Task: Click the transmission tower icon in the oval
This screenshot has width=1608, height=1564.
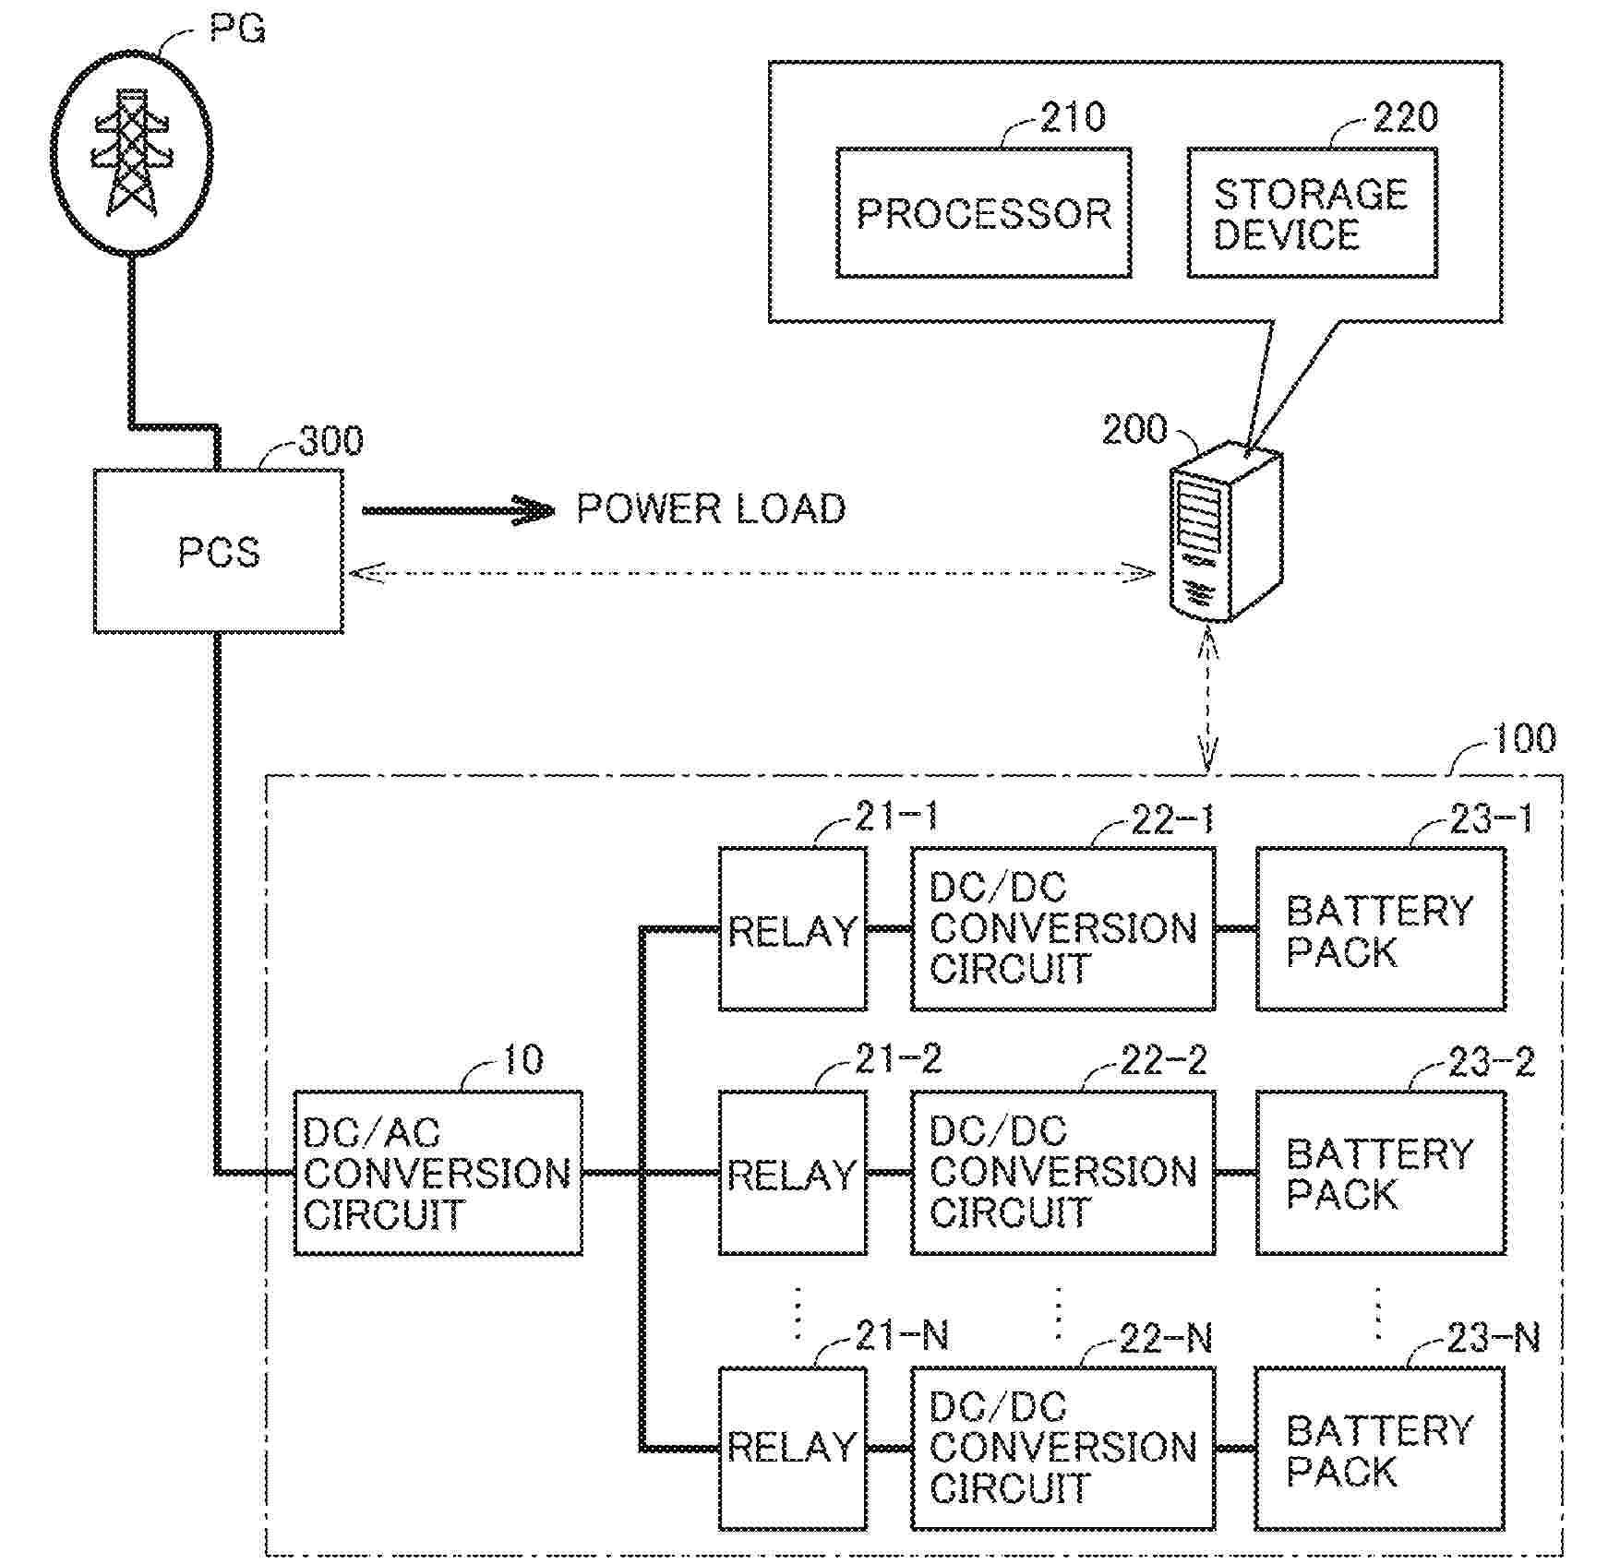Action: point(131,154)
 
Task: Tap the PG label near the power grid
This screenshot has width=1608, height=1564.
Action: point(237,30)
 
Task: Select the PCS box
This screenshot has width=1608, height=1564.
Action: point(219,551)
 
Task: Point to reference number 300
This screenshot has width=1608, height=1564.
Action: point(330,441)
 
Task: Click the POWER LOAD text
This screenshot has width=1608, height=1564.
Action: point(711,509)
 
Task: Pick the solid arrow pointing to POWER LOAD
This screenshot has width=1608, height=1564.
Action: point(457,510)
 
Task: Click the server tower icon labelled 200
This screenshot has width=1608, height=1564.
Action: point(1225,531)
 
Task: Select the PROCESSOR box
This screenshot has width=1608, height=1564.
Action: point(983,213)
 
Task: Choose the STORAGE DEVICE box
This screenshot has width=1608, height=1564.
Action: point(1311,213)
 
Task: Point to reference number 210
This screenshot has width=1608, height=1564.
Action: point(1073,117)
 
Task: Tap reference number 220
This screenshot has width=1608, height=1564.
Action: point(1405,117)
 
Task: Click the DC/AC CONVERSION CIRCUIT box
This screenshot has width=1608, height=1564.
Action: point(438,1173)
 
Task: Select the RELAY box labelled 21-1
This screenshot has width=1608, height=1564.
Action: point(792,929)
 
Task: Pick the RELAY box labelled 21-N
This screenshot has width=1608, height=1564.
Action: point(792,1448)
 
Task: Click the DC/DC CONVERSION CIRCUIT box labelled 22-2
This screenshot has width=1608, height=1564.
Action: point(1062,1173)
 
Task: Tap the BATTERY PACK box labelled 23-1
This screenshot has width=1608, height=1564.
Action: point(1380,929)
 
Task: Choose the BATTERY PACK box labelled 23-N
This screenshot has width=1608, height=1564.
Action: point(1380,1448)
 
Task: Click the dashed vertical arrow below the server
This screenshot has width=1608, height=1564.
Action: point(1207,698)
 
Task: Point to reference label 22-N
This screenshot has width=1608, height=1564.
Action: point(1166,1338)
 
